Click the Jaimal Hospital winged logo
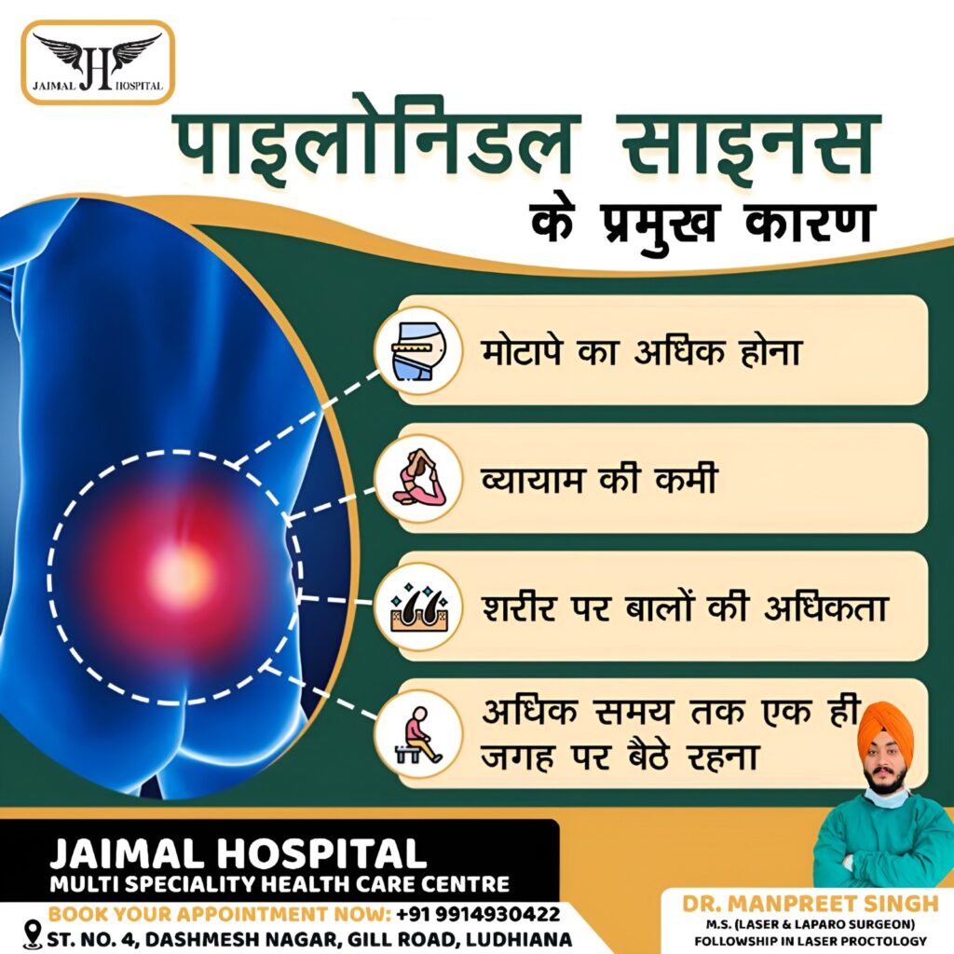(x=98, y=62)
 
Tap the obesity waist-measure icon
(x=418, y=351)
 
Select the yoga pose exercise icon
(x=419, y=478)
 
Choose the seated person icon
(x=418, y=735)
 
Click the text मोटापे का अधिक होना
(x=641, y=351)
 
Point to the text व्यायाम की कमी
(x=599, y=479)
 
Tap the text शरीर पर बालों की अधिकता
(x=685, y=606)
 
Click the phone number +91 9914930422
(x=478, y=914)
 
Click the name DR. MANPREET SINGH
(x=810, y=904)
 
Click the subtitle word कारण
(x=808, y=224)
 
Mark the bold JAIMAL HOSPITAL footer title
(x=238, y=853)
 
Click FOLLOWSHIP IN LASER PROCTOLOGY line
(x=811, y=941)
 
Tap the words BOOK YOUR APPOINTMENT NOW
(x=219, y=914)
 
